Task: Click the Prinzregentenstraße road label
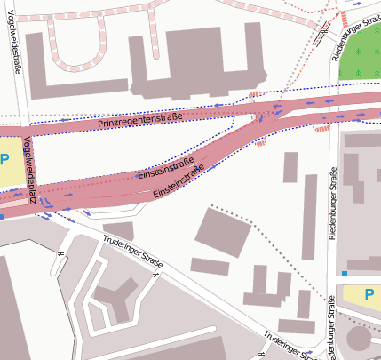click(141, 120)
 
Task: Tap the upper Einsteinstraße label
click(166, 169)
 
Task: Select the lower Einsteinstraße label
click(179, 180)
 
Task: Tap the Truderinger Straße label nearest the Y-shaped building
click(132, 253)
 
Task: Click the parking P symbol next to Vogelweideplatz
click(4, 160)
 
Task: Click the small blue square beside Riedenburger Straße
click(345, 274)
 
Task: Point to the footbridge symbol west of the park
click(319, 36)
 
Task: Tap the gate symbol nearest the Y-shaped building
click(155, 274)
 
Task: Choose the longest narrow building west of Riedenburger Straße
click(310, 218)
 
